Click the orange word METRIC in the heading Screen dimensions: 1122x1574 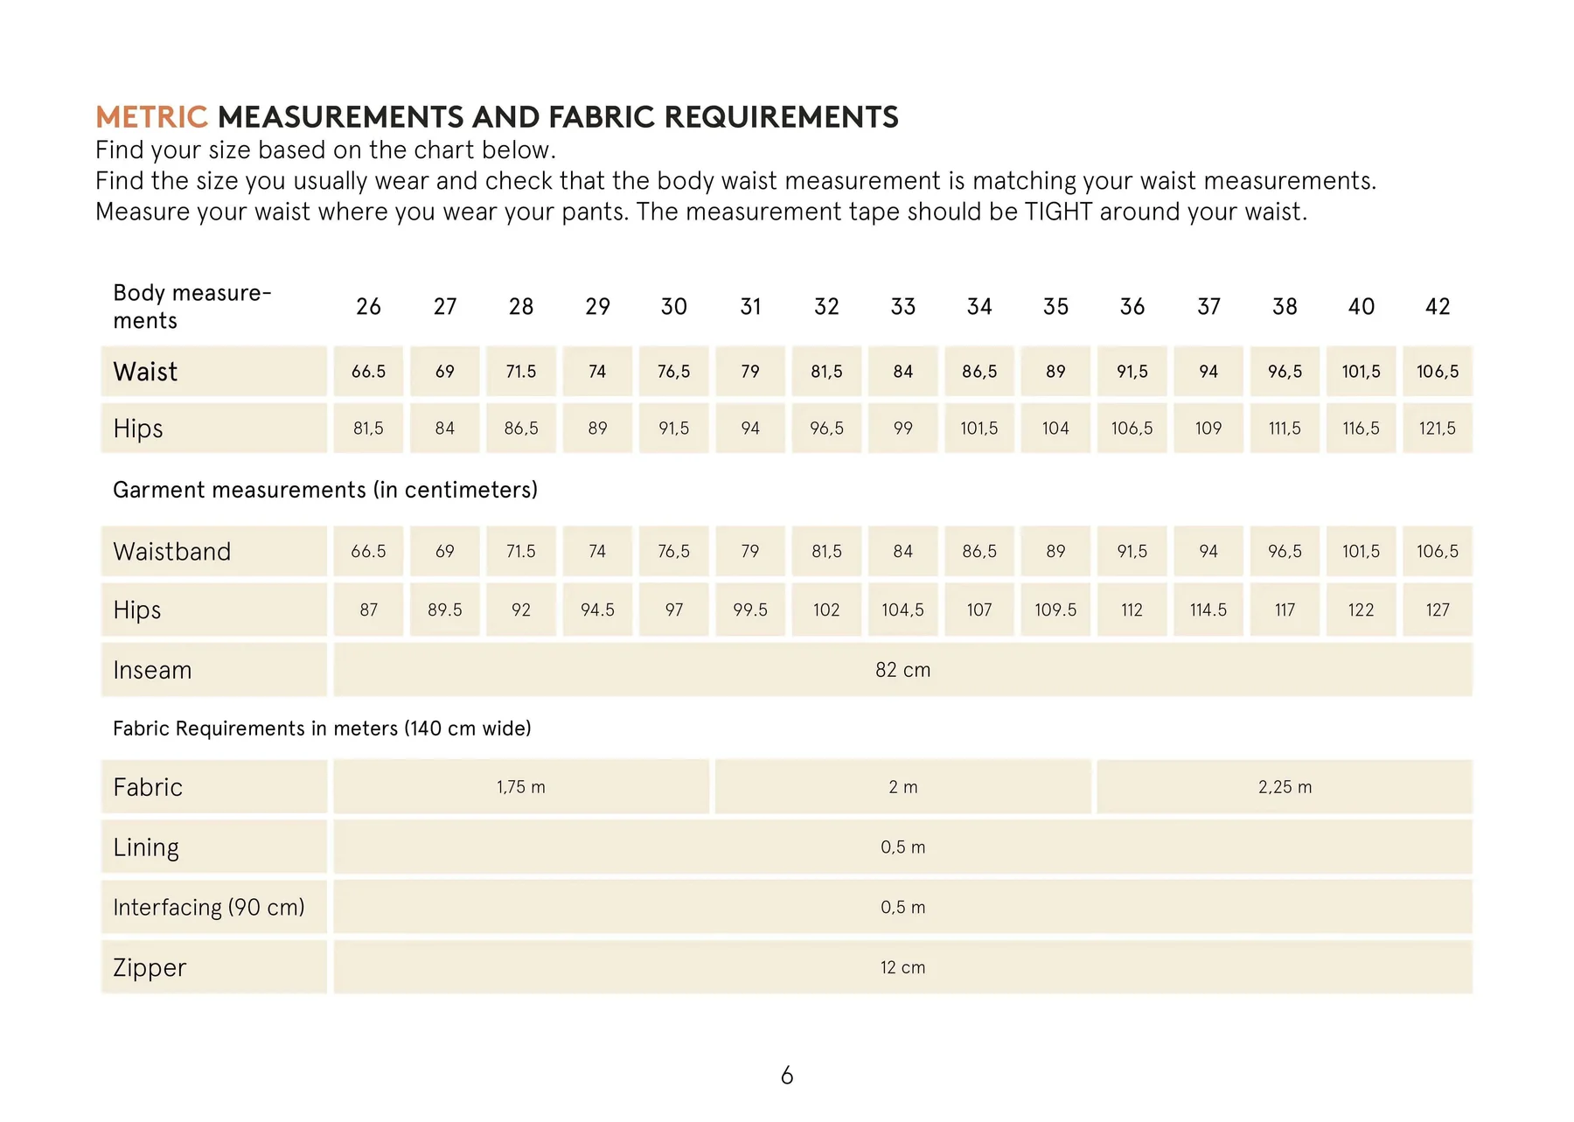(x=151, y=117)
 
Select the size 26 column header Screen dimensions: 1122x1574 (x=368, y=307)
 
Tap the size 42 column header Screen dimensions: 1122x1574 (x=1438, y=307)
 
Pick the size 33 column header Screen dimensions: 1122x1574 (x=902, y=307)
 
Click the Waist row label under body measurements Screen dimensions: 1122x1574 (x=145, y=373)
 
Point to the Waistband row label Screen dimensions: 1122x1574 (x=172, y=552)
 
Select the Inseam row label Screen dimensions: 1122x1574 (x=152, y=671)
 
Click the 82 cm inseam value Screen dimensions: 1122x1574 (x=902, y=671)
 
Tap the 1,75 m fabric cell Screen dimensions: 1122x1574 (x=521, y=787)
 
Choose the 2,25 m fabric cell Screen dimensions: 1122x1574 (x=1285, y=787)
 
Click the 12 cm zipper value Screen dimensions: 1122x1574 (x=902, y=968)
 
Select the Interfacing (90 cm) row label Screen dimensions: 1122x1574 (x=209, y=908)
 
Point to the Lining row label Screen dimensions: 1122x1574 (x=146, y=847)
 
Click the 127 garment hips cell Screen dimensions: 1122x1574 (x=1438, y=610)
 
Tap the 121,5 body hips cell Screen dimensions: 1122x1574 (x=1438, y=429)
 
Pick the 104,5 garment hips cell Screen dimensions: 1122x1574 (x=902, y=610)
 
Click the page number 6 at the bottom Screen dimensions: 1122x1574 (x=787, y=1076)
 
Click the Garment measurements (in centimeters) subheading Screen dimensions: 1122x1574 (x=325, y=490)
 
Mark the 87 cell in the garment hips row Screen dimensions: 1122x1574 (x=368, y=610)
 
